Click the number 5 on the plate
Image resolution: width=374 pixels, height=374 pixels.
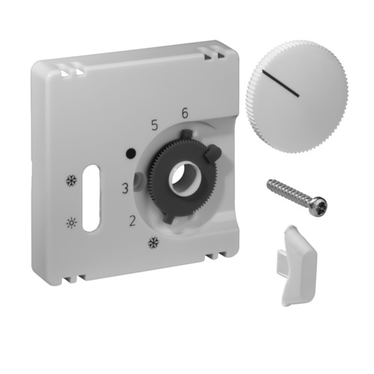point(154,126)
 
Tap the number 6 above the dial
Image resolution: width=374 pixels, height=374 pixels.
point(185,114)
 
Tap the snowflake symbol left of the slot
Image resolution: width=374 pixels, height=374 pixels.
point(71,181)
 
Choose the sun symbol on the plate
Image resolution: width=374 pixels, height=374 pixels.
point(71,222)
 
